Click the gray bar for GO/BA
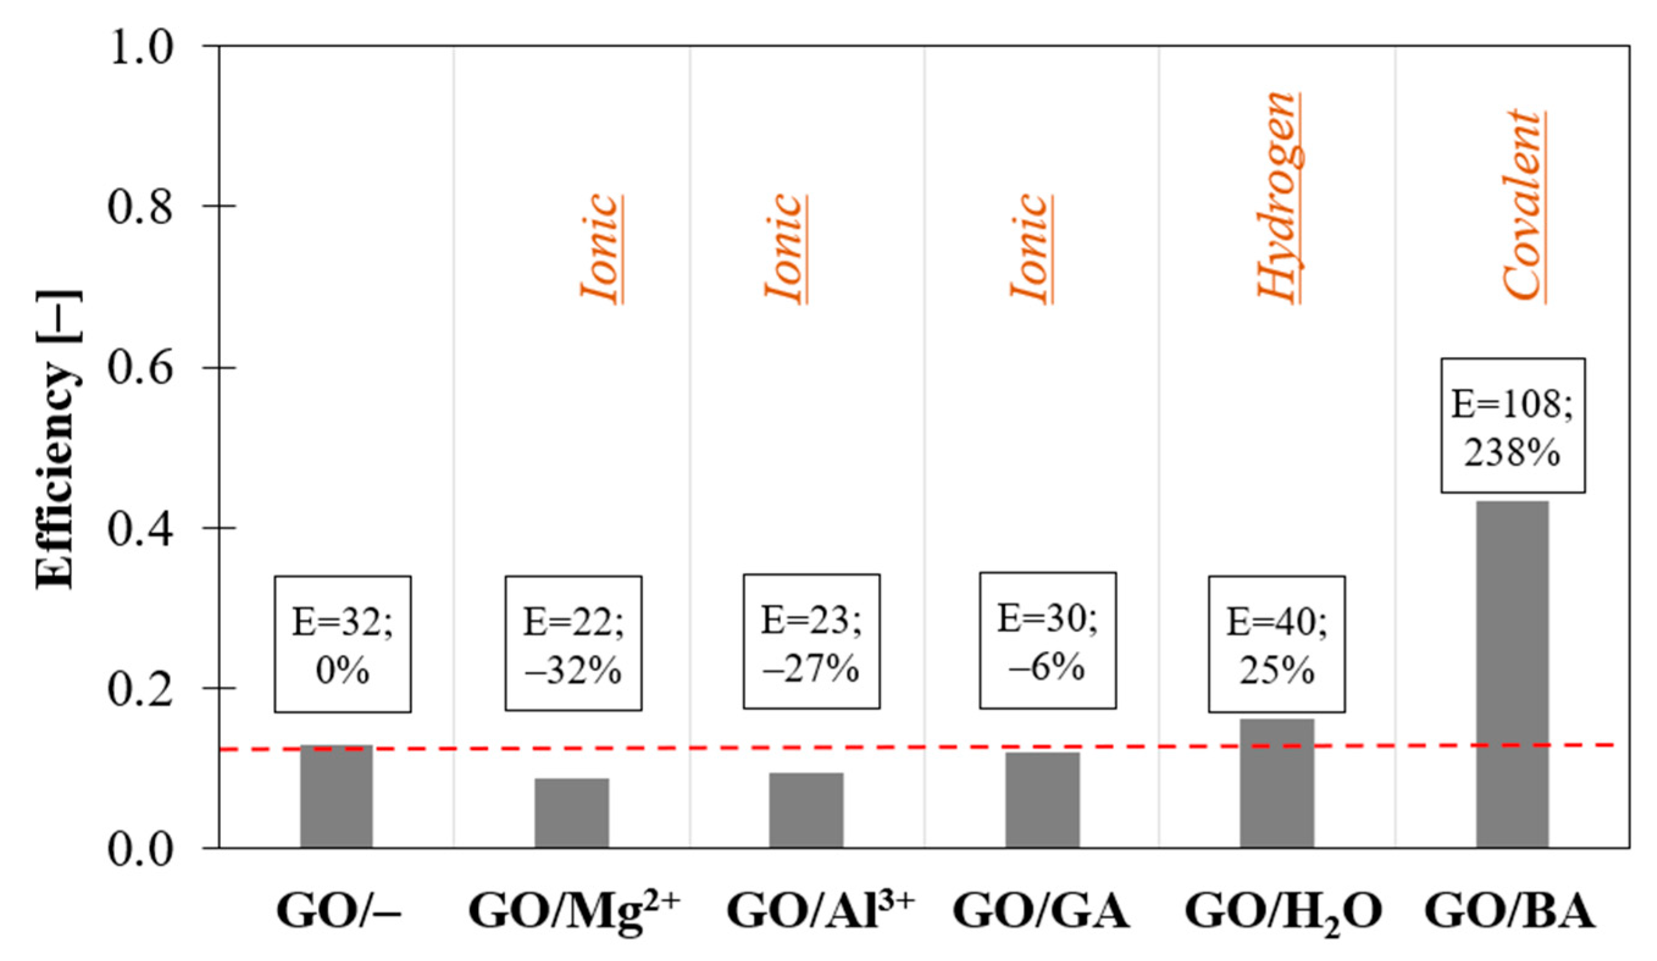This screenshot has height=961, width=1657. (1512, 674)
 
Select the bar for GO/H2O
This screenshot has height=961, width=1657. (1276, 783)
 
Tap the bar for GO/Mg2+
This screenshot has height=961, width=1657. (571, 813)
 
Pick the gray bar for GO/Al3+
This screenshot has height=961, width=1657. (806, 810)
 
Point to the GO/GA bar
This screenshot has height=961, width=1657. (1042, 800)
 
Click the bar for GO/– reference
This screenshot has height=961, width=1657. (336, 796)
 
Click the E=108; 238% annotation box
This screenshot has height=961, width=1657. (1512, 425)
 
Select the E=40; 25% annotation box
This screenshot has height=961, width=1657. (1276, 644)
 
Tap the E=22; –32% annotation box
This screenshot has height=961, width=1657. (573, 643)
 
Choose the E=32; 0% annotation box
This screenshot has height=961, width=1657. (343, 644)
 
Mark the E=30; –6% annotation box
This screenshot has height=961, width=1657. (1048, 641)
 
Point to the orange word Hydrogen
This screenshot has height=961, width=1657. (1279, 197)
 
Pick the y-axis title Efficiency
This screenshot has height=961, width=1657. (58, 439)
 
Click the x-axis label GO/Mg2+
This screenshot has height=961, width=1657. (573, 911)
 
